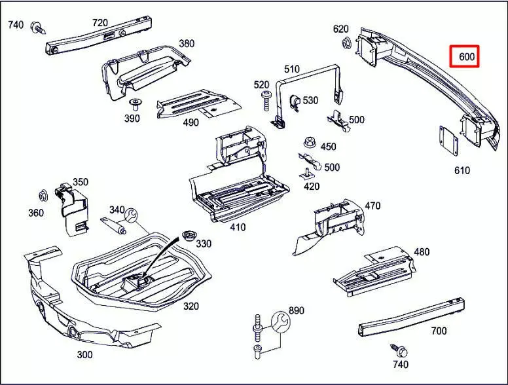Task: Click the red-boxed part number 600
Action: (x=465, y=57)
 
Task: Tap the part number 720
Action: (x=100, y=23)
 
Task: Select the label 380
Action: (x=186, y=44)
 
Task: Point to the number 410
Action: (x=238, y=227)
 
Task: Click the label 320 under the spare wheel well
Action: (x=190, y=306)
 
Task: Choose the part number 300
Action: (x=84, y=355)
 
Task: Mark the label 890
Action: (x=297, y=310)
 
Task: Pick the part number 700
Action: (x=439, y=331)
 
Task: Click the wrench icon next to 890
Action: (x=280, y=320)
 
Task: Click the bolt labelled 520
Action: (x=266, y=98)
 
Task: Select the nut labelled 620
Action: (x=346, y=44)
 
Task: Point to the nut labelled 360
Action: (x=44, y=195)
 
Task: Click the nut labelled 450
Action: (x=309, y=142)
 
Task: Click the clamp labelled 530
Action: (x=293, y=101)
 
